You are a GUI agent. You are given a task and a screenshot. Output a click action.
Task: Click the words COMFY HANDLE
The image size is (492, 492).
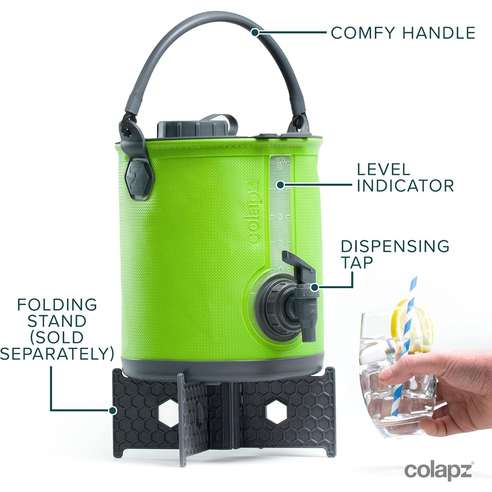[x=403, y=33]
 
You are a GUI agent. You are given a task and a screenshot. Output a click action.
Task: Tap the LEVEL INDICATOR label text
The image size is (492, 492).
[x=405, y=178]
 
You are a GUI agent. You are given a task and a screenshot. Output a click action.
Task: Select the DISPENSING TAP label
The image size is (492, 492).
[x=395, y=254]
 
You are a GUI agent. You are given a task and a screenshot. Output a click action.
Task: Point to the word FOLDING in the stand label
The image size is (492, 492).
[x=57, y=305]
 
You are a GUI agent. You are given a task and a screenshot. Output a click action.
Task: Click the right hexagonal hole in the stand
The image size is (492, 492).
[x=275, y=412]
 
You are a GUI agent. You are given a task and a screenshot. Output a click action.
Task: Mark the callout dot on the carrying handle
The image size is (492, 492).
[x=255, y=32]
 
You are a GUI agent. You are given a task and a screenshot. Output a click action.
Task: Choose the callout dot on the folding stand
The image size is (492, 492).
[x=113, y=410]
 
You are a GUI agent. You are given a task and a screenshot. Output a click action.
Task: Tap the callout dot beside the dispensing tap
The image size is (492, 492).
[x=314, y=287]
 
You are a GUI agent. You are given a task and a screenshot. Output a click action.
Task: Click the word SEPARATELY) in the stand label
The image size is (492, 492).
[x=57, y=353]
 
